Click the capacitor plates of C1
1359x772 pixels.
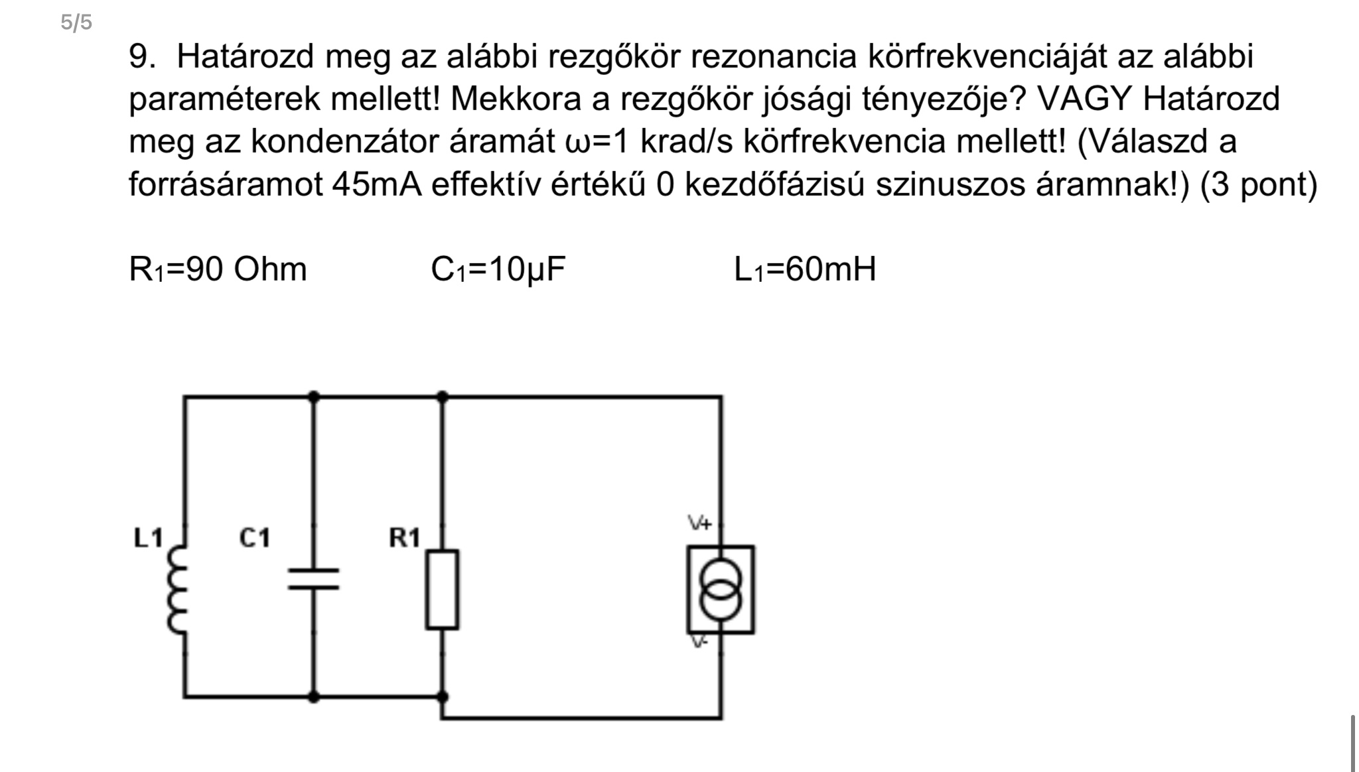pos(313,578)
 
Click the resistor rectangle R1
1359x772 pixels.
pos(442,589)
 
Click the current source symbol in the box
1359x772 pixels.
pos(721,589)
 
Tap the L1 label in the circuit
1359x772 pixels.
pos(148,538)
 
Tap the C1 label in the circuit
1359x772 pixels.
pos(255,538)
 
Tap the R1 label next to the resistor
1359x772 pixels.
pos(404,538)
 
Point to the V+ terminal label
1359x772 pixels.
pos(699,523)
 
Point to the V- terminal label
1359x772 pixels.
pos(698,642)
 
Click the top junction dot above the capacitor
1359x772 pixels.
pos(314,397)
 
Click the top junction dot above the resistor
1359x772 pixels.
pos(443,397)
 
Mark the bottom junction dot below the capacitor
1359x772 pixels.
pos(314,696)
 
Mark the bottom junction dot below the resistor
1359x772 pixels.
pos(443,696)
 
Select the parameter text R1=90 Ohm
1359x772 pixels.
pos(218,269)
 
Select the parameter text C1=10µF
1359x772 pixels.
pos(498,269)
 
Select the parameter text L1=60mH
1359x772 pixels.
pos(805,269)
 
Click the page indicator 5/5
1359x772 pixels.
pos(76,23)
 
